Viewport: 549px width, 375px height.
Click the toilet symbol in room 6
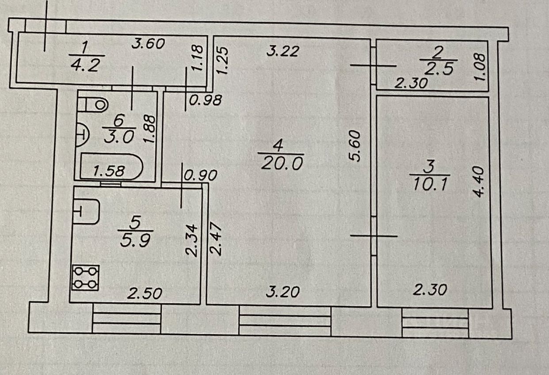click(95, 104)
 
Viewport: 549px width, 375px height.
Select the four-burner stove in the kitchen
click(85, 278)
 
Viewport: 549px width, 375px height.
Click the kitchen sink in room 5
click(87, 211)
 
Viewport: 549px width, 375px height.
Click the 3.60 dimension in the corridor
click(149, 44)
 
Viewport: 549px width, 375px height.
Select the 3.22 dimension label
click(284, 52)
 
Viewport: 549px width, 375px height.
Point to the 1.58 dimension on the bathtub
click(109, 170)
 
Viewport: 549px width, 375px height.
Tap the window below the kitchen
click(127, 318)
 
